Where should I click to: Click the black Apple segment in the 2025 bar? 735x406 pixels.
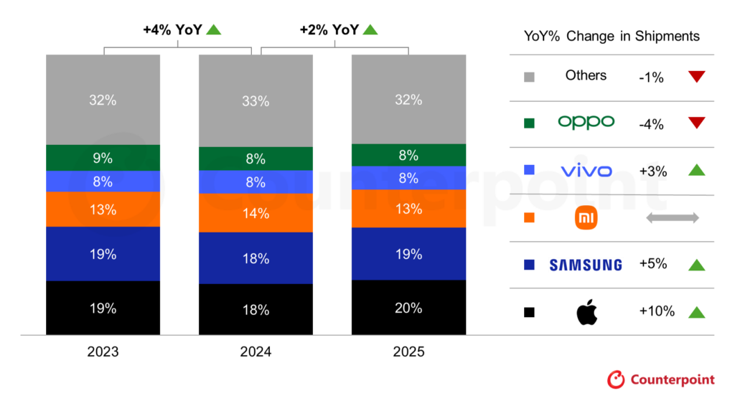[408, 308]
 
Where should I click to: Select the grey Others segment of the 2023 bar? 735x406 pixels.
[103, 100]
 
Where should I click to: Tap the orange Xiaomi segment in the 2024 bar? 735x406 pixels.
[256, 213]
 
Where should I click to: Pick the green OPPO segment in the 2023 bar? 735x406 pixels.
[103, 158]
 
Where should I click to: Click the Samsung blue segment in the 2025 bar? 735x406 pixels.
[408, 253]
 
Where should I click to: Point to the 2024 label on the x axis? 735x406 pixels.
[256, 352]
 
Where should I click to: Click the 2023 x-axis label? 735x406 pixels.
[103, 352]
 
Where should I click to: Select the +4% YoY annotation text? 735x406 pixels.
[172, 29]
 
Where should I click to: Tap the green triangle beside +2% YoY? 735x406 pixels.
[370, 29]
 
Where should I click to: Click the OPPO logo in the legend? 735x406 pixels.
[586, 123]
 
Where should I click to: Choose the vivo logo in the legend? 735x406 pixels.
[586, 171]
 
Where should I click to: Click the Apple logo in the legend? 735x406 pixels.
[586, 312]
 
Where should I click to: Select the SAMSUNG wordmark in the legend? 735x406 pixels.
[586, 265]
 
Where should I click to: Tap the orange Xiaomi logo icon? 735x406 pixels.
[586, 218]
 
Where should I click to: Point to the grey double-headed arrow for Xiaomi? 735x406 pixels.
[672, 218]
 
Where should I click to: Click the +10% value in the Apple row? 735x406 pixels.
[657, 311]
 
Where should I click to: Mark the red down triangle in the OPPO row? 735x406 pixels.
[696, 123]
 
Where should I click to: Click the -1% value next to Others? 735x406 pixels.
[651, 77]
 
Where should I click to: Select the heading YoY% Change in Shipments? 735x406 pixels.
[611, 37]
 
